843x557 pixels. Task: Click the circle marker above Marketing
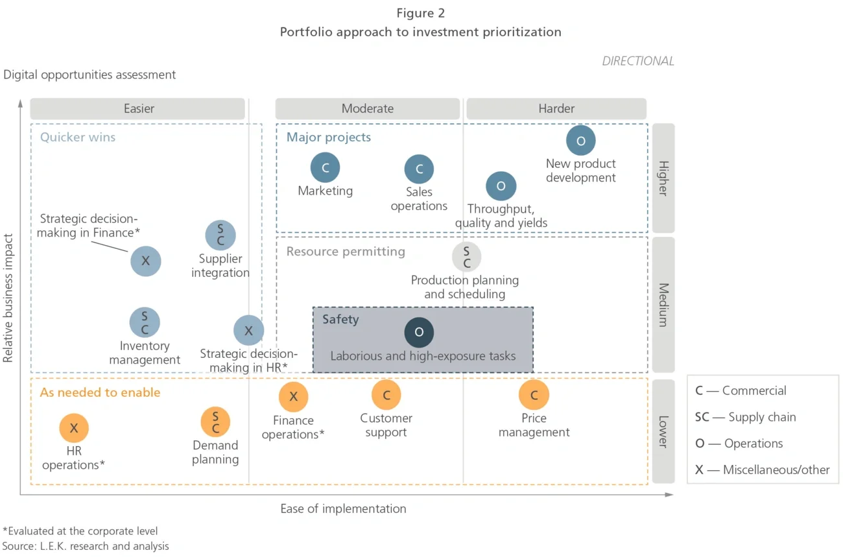click(325, 168)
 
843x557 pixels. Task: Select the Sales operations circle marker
click(419, 169)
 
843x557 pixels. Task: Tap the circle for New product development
click(580, 141)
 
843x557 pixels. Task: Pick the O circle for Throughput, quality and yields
click(501, 186)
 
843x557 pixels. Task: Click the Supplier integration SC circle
click(220, 235)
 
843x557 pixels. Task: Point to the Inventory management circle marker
click(145, 322)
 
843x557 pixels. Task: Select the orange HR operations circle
click(74, 428)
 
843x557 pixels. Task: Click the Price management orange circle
click(534, 395)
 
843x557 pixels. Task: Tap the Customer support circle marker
click(386, 395)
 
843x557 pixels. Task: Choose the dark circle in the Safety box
click(419, 332)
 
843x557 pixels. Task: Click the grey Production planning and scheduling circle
click(466, 257)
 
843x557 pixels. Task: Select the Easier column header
click(138, 109)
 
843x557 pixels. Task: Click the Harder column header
click(556, 109)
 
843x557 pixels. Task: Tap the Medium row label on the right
click(663, 304)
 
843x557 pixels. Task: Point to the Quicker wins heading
click(78, 137)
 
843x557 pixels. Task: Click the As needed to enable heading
click(100, 392)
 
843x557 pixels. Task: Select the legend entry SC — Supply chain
click(745, 417)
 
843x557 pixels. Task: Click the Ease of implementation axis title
click(343, 509)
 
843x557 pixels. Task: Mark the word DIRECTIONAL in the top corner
click(637, 61)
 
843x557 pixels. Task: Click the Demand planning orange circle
click(215, 421)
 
